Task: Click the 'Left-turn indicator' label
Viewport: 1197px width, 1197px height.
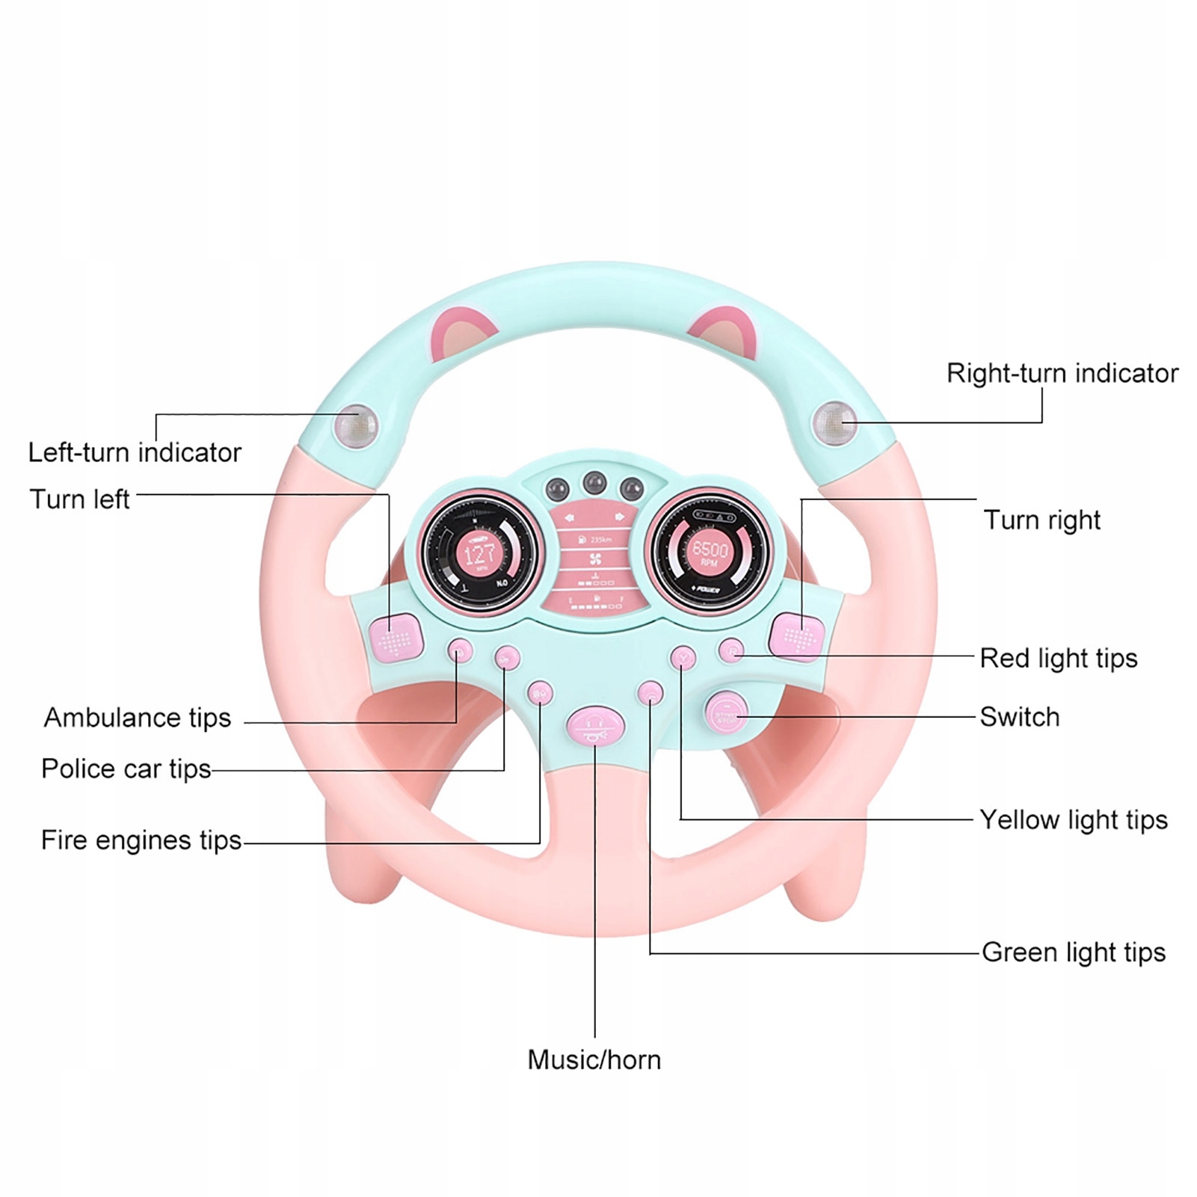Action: pyautogui.click(x=135, y=452)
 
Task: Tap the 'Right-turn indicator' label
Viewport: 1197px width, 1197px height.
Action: pyautogui.click(x=1062, y=373)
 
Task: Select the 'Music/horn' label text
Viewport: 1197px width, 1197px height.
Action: pyautogui.click(x=594, y=1059)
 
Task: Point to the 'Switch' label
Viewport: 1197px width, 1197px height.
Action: pyautogui.click(x=1019, y=717)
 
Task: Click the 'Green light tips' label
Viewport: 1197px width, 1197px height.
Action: pyautogui.click(x=1073, y=953)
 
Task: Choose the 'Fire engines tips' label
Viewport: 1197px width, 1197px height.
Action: pyautogui.click(x=141, y=840)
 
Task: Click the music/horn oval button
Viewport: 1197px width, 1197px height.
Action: pyautogui.click(x=595, y=726)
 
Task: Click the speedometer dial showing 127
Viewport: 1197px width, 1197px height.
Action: pyautogui.click(x=479, y=554)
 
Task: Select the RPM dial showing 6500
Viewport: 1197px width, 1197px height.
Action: pyautogui.click(x=709, y=551)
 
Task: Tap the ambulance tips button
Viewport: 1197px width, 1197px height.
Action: pyautogui.click(x=460, y=652)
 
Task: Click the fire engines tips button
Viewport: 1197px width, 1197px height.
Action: pyautogui.click(x=540, y=693)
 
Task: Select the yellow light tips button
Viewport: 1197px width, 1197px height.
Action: pyautogui.click(x=683, y=657)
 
